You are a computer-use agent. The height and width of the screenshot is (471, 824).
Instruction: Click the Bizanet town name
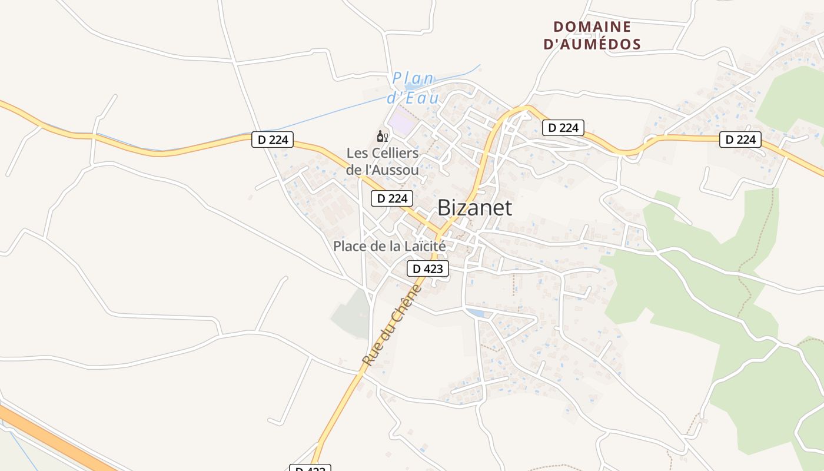pos(474,208)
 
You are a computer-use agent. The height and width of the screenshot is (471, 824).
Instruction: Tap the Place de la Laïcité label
pos(389,246)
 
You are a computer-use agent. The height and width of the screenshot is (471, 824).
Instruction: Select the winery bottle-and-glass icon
pos(383,137)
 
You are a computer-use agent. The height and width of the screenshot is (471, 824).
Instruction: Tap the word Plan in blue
pos(413,78)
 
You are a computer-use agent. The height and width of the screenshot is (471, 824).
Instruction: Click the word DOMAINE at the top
pos(592,27)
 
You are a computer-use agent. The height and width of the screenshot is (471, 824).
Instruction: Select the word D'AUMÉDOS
pos(592,44)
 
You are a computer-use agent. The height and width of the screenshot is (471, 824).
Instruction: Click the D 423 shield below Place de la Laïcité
pos(428,269)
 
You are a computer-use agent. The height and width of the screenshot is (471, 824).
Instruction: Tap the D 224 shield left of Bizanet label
pos(392,198)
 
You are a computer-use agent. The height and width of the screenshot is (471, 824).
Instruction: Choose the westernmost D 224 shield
pos(273,140)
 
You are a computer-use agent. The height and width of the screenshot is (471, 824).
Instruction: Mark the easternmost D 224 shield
pos(740,140)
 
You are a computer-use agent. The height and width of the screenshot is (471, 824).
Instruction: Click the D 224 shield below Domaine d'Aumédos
pos(563,127)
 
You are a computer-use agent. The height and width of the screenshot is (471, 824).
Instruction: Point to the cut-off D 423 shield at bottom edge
pos(310,468)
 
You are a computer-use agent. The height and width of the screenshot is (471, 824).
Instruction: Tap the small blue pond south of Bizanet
pos(477,313)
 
